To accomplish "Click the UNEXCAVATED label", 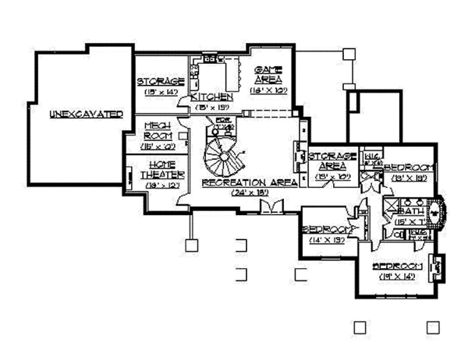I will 86,114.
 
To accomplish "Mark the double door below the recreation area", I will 271,206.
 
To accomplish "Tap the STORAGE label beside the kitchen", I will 161,81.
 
